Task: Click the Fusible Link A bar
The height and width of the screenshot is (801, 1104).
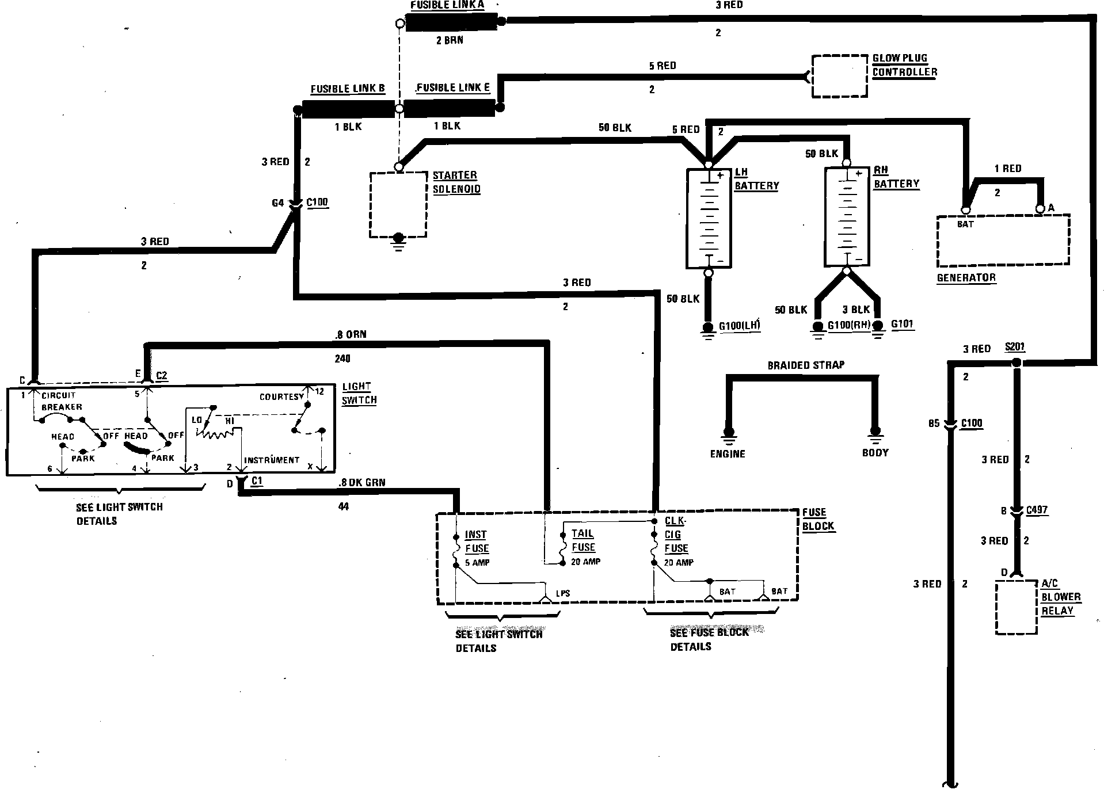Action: coord(452,22)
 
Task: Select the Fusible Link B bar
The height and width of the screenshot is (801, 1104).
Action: coord(344,109)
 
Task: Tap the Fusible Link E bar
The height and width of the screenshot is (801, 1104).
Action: coord(449,108)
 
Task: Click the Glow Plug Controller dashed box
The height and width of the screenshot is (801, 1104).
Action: coord(839,77)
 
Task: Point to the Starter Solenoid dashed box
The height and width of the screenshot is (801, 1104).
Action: coord(398,204)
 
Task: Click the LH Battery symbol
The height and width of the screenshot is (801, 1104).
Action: coord(709,218)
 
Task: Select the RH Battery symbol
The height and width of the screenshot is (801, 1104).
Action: coord(847,217)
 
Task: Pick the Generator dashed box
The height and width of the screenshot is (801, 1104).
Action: coord(1003,241)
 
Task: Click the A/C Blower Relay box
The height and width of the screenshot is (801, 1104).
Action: coord(1016,608)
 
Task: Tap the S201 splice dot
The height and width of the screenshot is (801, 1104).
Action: coord(1017,363)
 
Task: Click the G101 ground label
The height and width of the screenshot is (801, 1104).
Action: coord(902,325)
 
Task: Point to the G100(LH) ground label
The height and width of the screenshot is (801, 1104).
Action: coord(740,326)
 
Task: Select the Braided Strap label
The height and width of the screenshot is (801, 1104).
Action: coord(806,365)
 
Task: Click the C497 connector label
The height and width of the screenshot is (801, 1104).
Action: coord(1037,510)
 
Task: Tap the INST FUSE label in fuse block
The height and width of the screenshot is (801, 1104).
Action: coord(477,541)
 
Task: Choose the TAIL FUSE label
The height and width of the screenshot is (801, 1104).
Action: coord(583,540)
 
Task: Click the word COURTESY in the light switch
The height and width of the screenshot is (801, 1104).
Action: coord(281,397)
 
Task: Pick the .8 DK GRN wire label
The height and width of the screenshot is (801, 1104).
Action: coord(362,483)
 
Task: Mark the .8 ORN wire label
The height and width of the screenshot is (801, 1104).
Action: coord(350,334)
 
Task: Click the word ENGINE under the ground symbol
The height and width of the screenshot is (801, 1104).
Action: coord(728,454)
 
